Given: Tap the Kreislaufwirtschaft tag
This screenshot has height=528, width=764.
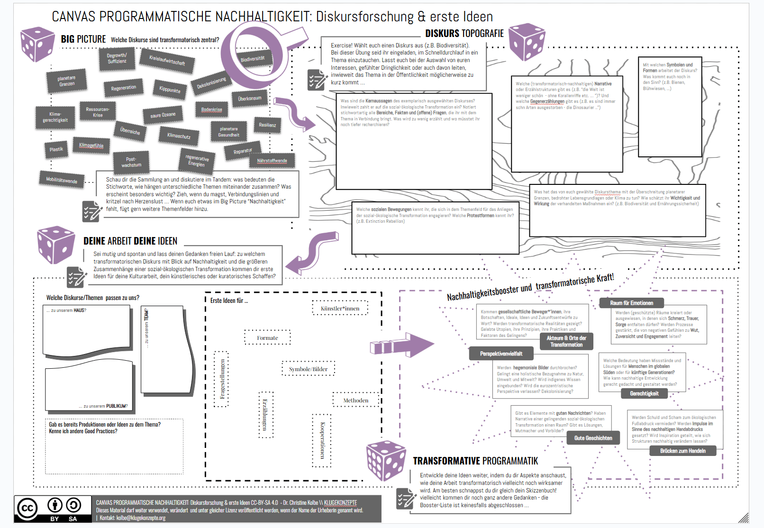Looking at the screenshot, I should click(x=167, y=61).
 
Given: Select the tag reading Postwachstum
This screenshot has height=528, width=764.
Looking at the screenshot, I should click(x=131, y=162).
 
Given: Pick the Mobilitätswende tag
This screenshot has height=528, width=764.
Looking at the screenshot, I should click(x=62, y=180).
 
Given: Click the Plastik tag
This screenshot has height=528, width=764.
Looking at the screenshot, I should click(x=56, y=149).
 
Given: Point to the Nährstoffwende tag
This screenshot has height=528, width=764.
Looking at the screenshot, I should click(x=272, y=161).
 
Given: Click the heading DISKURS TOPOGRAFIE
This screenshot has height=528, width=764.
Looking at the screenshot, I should click(x=464, y=34).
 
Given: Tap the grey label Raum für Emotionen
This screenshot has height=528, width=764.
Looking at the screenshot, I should click(x=631, y=303).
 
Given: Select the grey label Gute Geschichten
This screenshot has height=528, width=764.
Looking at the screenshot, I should click(x=593, y=438).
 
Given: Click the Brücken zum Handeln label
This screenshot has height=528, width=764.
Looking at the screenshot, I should click(x=682, y=451).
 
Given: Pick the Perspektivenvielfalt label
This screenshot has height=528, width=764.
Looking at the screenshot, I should click(x=501, y=354).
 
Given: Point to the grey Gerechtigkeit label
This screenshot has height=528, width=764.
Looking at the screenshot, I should click(x=644, y=393).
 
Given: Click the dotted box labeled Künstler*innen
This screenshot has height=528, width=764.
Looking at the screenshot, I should click(x=340, y=309).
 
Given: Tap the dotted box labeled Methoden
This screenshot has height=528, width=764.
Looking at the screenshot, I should click(x=355, y=401).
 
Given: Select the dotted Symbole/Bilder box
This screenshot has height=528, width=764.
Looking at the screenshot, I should click(x=308, y=369).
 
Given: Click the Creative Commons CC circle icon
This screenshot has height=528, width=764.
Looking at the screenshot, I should click(x=27, y=509).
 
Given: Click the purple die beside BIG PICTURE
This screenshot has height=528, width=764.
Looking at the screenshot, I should click(x=37, y=45).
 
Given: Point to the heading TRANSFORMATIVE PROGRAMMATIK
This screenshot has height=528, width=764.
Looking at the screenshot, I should click(x=475, y=461).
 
